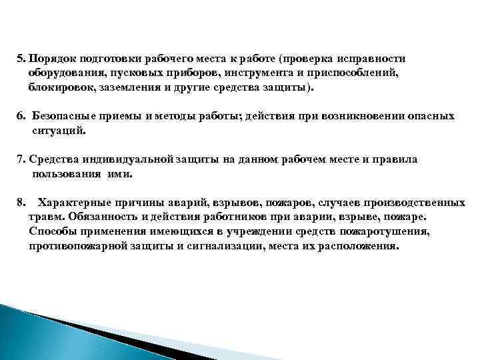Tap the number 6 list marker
coord(20,116)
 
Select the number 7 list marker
coord(20,160)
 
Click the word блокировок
coord(59,87)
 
